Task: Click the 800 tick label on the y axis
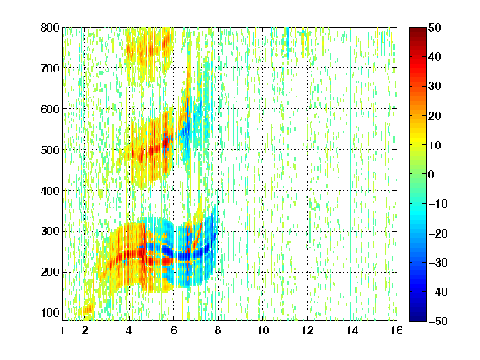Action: pos(50,27)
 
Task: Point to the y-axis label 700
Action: pos(50,68)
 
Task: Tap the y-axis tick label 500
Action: pos(50,150)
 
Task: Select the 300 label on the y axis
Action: pos(50,232)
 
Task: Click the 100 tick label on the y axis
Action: pos(50,312)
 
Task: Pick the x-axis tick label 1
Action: pos(62,330)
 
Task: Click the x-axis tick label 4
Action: pos(129,330)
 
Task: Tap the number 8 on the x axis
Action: pos(218,330)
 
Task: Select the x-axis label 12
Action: pos(307,330)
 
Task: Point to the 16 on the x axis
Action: pos(397,330)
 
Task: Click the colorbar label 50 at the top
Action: pos(435,27)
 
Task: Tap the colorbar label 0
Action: pos(432,174)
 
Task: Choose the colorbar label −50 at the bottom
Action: pos(438,321)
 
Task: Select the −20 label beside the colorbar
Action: pos(438,233)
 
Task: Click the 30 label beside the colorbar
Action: pos(435,87)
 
